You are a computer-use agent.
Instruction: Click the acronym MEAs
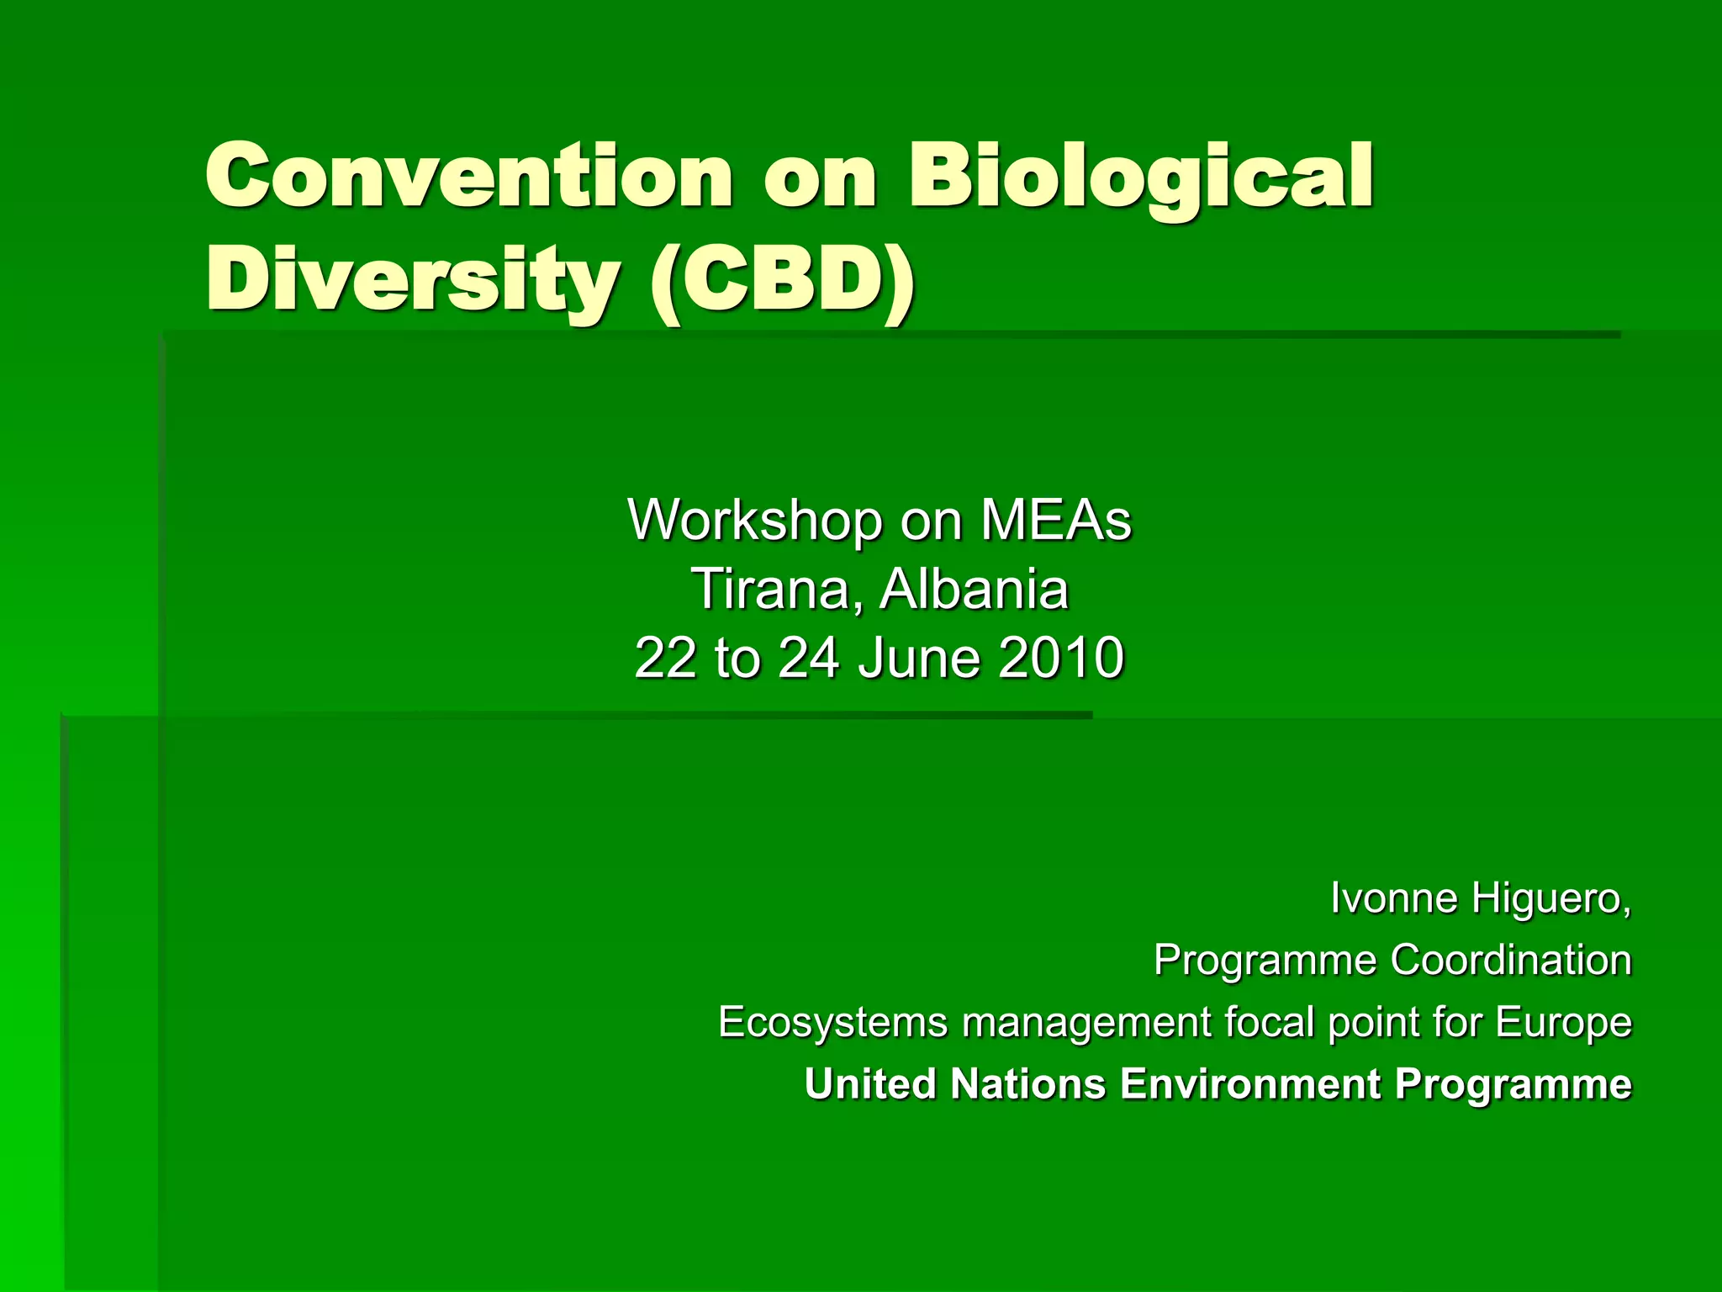(1056, 521)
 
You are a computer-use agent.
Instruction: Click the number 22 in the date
(666, 658)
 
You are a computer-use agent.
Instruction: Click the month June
(920, 658)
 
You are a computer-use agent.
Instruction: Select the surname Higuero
(1551, 898)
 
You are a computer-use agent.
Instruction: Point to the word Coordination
(1511, 960)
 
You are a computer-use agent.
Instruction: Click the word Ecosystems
(832, 1023)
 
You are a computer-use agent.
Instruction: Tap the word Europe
(1563, 1023)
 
